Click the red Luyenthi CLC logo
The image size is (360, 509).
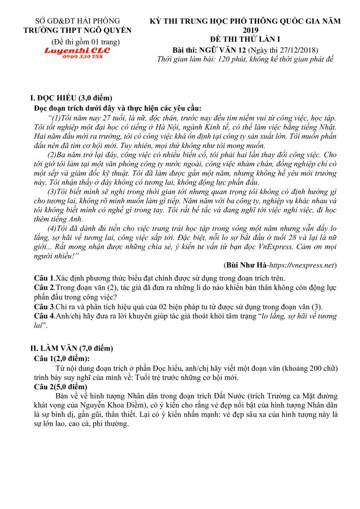pyautogui.click(x=76, y=50)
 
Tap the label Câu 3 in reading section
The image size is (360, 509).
pyautogui.click(x=44, y=307)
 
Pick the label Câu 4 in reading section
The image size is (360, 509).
pyautogui.click(x=44, y=316)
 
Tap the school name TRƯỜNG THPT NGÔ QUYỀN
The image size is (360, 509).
pyautogui.click(x=77, y=30)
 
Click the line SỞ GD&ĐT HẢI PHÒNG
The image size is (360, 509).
pyautogui.click(x=78, y=21)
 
